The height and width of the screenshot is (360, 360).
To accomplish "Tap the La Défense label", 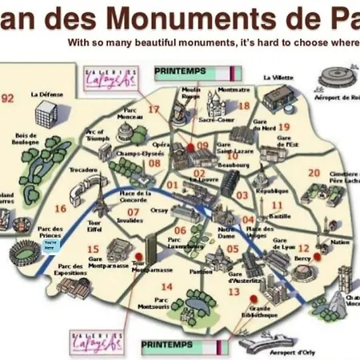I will pos(46,94).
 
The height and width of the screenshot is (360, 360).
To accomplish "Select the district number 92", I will pos(9,98).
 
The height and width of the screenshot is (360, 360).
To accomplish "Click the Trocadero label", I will pos(83,170).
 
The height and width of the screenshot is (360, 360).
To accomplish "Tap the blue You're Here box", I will pos(49,246).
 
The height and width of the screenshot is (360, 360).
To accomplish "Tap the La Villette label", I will pos(274,78).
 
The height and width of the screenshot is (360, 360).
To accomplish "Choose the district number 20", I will pos(314,172).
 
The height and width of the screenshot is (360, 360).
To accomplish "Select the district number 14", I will pos(166,286).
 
